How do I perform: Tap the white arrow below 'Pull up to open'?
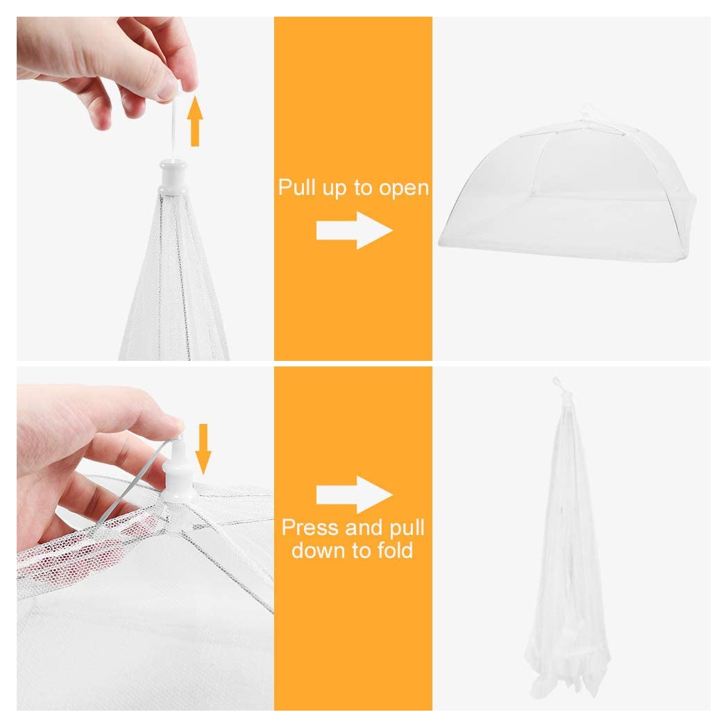[x=354, y=230]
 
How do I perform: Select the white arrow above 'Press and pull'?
[x=354, y=495]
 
